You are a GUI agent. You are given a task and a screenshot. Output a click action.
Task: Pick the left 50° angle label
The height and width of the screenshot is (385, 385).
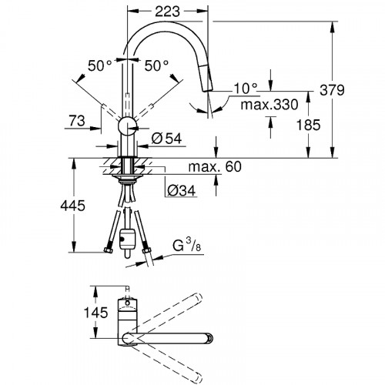coord(99,67)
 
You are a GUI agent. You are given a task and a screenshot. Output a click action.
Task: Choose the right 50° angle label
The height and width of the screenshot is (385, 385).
coord(156,67)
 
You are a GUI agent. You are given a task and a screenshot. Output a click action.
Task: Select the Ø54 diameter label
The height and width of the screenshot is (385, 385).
coord(166,139)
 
